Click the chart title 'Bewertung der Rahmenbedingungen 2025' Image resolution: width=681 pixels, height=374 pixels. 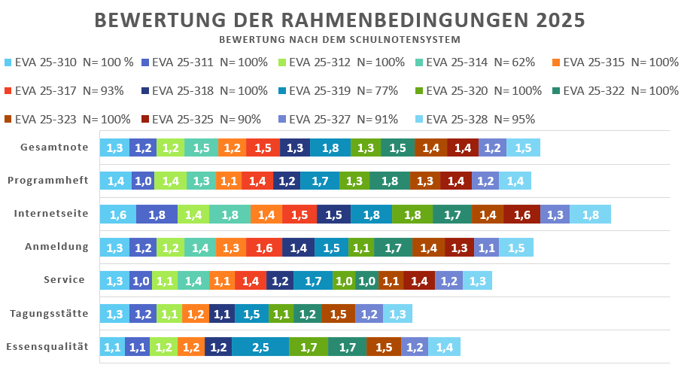(x=340, y=20)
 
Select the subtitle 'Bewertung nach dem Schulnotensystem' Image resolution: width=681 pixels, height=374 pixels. (x=340, y=39)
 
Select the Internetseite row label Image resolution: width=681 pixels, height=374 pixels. (x=51, y=214)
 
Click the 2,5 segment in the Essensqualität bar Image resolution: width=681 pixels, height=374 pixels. (x=260, y=347)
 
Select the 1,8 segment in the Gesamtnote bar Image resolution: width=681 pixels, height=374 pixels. (x=330, y=148)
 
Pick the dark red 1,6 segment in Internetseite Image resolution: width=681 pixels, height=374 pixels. (x=521, y=214)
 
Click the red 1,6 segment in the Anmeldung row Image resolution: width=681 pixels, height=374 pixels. (x=264, y=247)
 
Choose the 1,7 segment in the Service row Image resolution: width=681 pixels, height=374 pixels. (x=313, y=281)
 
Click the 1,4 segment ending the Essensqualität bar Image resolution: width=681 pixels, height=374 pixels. (x=444, y=347)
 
